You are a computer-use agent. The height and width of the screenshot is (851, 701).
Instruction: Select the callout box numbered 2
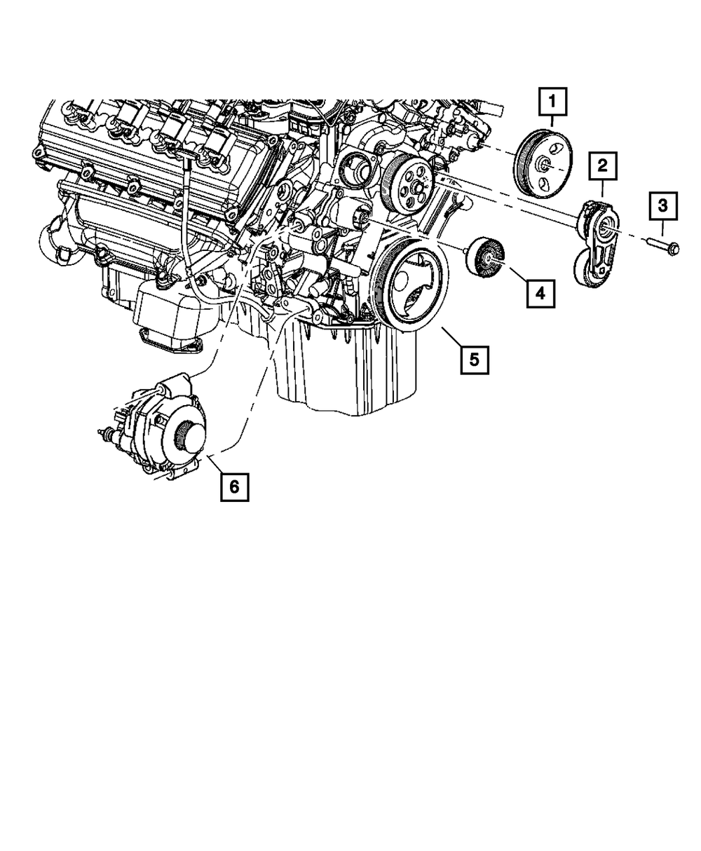pos(602,166)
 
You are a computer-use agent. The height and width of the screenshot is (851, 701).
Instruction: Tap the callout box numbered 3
pos(662,207)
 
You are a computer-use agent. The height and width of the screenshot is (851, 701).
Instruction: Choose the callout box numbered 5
pos(474,360)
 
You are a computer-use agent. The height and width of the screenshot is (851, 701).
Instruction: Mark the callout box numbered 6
pos(233,486)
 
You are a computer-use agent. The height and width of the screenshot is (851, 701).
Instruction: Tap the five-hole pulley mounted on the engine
pos(409,184)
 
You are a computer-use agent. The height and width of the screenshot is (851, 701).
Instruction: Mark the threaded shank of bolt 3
pos(655,243)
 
